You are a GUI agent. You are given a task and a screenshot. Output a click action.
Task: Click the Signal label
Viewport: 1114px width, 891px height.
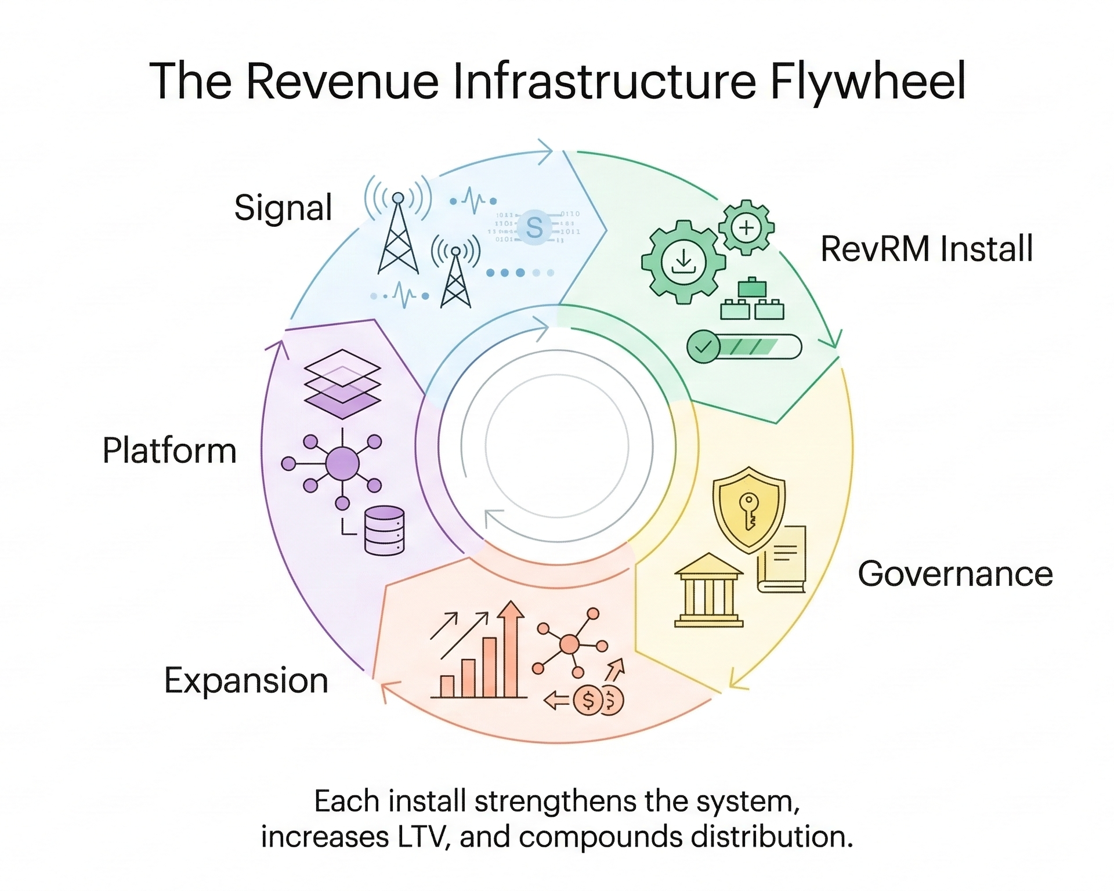pos(283,208)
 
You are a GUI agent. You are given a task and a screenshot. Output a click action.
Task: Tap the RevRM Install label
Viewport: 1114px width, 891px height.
pos(927,249)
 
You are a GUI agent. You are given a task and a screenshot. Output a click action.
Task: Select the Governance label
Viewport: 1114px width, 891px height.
pos(955,574)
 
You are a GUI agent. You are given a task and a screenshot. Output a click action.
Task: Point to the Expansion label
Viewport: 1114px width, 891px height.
pos(246,680)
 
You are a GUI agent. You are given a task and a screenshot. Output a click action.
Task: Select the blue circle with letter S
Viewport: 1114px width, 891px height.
pos(534,227)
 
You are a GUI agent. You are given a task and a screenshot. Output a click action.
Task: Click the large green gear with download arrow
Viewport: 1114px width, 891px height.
pos(683,262)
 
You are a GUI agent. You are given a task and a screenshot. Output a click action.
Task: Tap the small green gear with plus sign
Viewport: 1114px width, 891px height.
pos(746,227)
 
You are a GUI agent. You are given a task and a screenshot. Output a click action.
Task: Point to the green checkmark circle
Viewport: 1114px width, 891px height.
pos(703,347)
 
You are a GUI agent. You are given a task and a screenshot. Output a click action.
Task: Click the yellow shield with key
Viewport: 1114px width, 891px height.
pos(749,509)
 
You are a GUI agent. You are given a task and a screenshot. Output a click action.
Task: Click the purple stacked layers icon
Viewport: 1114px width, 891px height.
pos(342,383)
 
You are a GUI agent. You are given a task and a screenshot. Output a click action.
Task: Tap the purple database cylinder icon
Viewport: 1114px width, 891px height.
pos(384,530)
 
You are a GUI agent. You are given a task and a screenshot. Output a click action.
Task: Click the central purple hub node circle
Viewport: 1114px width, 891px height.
pos(342,463)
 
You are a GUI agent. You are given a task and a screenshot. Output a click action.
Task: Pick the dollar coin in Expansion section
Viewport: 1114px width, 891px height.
pos(588,701)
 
